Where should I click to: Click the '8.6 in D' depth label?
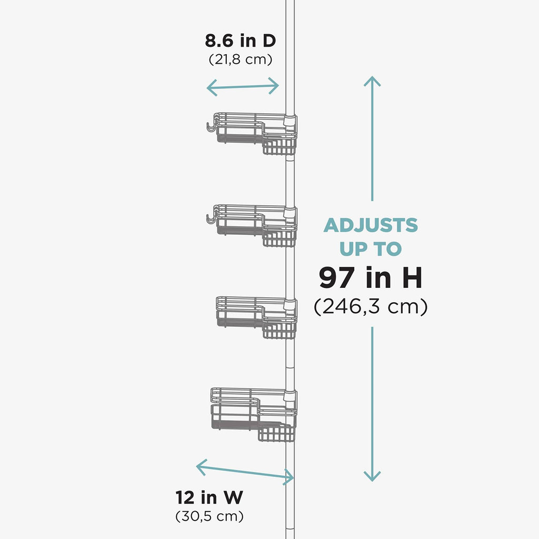[x=240, y=41]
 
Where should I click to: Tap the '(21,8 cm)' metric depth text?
[x=240, y=59]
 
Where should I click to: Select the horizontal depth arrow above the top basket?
[x=242, y=87]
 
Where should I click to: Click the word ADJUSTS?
[x=371, y=225]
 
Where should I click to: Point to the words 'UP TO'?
[x=371, y=249]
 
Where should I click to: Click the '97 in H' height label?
[x=370, y=277]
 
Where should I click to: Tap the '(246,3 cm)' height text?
[x=371, y=306]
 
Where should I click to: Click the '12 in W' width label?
[x=209, y=497]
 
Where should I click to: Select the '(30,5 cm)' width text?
[x=209, y=516]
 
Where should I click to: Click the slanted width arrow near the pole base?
[x=245, y=472]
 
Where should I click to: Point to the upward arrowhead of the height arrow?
[x=372, y=81]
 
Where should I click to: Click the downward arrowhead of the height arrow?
[x=372, y=476]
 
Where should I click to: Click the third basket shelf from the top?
[x=257, y=317]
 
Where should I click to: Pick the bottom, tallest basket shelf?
[x=254, y=415]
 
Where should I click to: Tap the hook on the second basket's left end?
[x=211, y=219]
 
